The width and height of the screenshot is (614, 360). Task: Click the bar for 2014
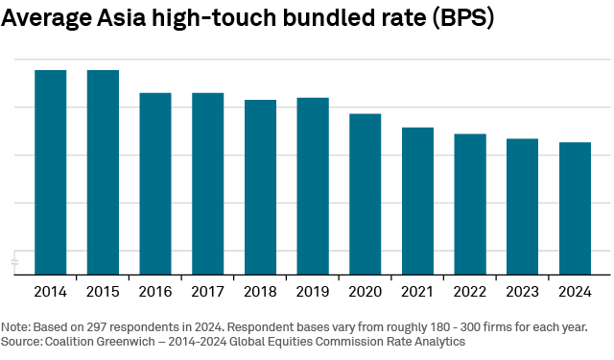coord(50,172)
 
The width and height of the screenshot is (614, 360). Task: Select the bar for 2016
coord(155,183)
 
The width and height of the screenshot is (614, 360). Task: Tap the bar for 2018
coord(260,187)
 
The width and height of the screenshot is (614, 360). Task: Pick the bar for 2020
coord(365,194)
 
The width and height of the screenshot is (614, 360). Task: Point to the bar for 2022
coord(469,204)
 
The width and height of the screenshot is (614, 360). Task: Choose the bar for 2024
coord(575,208)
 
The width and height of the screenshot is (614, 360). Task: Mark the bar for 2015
coord(103,172)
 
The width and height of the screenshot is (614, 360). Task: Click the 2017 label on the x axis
coord(207,290)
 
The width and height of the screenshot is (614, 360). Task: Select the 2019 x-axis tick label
coord(313,290)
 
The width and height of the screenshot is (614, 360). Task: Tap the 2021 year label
coord(417,290)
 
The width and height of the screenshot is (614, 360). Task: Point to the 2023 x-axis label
coord(522,290)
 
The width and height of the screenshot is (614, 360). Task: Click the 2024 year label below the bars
coord(575,290)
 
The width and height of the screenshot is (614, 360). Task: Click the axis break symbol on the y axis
coord(14,261)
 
